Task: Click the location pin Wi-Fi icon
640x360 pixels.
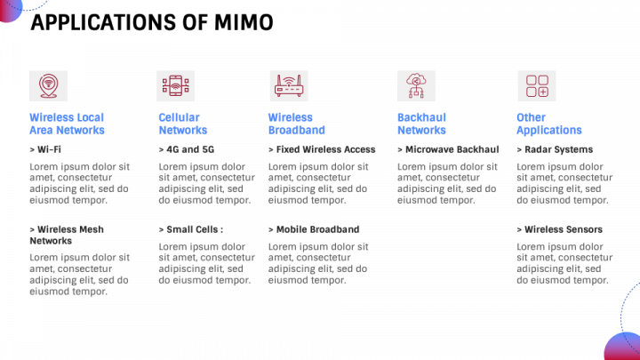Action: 46,86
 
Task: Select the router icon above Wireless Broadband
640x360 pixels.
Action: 287,86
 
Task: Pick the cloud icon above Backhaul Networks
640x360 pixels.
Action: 414,86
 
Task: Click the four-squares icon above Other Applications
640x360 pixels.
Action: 536,86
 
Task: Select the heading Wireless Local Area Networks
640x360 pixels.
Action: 67,124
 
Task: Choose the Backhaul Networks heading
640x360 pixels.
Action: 421,124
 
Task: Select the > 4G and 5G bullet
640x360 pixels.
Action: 187,149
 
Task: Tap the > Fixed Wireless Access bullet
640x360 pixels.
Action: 322,149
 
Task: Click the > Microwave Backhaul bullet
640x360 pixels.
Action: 447,149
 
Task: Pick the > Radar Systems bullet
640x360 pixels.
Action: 555,149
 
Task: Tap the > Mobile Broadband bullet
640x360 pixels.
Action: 314,229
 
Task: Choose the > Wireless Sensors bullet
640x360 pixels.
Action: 559,229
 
